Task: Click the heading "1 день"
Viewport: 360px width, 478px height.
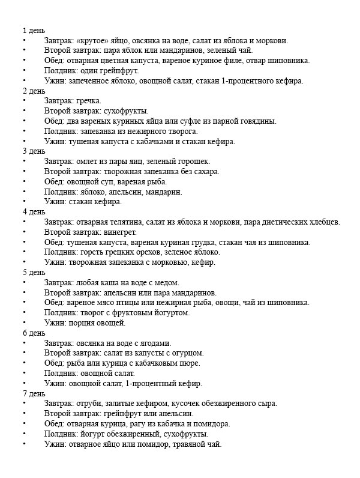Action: tap(33, 31)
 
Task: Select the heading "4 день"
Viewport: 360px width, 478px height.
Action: tap(33, 212)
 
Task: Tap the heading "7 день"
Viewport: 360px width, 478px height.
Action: tap(33, 393)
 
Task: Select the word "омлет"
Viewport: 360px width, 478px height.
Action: tap(88, 162)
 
